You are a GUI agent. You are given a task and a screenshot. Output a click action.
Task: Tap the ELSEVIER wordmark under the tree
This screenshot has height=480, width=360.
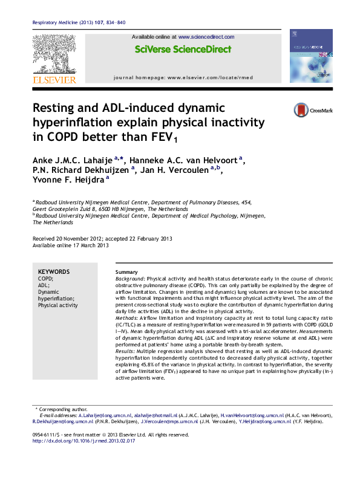54,79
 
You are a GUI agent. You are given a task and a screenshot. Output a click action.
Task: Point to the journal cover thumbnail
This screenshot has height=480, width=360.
310,56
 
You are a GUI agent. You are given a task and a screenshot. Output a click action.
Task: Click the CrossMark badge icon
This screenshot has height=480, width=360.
301,110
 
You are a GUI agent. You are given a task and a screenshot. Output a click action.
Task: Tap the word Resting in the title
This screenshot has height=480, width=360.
53,109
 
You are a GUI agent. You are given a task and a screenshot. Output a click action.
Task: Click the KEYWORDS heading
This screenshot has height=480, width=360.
53,271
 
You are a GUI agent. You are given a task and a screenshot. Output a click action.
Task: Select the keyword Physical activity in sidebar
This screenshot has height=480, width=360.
58,305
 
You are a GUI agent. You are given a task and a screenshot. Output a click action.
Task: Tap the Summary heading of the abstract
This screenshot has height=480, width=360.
126,273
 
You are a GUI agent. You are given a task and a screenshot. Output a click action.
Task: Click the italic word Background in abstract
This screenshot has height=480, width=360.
131,279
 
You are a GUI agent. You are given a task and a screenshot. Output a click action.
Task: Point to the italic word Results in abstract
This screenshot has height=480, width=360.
125,351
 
